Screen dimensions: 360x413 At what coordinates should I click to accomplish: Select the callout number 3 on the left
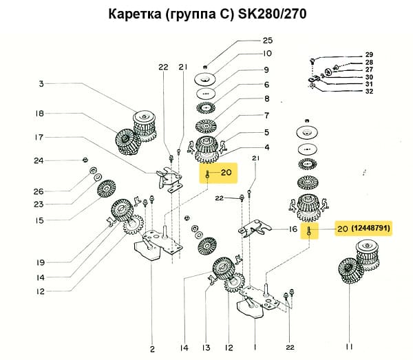click(41, 84)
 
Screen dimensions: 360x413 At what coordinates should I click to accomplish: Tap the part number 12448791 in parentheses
click(371, 228)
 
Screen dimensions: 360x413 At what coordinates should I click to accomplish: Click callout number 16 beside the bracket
click(293, 228)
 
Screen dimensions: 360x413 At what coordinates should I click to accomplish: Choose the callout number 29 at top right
click(369, 55)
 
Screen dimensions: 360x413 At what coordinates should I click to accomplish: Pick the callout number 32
click(369, 91)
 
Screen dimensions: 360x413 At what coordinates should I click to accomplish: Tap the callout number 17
click(41, 137)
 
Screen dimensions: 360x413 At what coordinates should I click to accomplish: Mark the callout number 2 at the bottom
click(152, 348)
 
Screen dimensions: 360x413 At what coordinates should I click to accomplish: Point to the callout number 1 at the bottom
click(256, 348)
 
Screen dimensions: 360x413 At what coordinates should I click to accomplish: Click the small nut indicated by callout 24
click(84, 160)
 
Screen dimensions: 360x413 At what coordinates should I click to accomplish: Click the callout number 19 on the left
click(41, 262)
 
